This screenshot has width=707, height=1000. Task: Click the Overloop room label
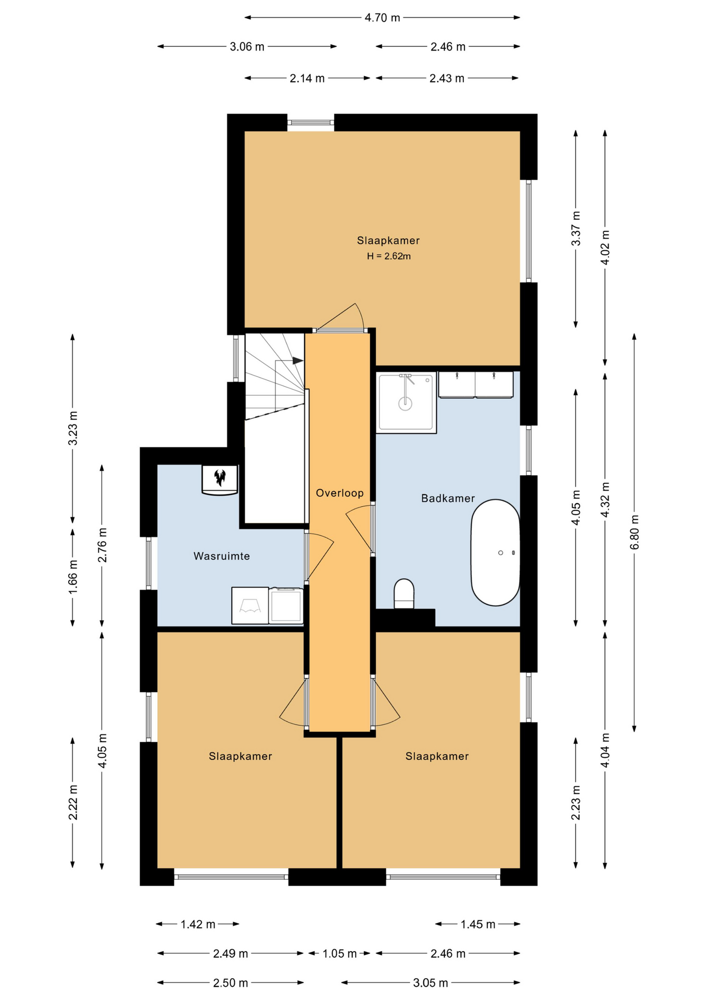[339, 493]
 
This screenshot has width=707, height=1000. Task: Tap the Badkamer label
[448, 498]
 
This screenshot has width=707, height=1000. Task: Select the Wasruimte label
[222, 556]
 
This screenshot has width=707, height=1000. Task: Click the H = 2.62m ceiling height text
[389, 256]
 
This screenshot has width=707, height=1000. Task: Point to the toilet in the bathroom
[404, 593]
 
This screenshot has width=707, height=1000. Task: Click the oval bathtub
[495, 553]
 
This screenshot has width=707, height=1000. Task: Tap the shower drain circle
[405, 403]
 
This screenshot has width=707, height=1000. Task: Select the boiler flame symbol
[220, 477]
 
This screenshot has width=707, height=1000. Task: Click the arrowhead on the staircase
[297, 360]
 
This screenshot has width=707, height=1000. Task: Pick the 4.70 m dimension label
[383, 18]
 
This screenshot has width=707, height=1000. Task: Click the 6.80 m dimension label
[634, 532]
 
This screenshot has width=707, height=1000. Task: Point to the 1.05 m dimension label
[339, 954]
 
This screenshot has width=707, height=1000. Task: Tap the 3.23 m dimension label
[73, 428]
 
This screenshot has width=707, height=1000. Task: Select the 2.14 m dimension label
[307, 79]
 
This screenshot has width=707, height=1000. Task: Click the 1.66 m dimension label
[73, 576]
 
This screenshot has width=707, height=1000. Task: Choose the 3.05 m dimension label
[431, 983]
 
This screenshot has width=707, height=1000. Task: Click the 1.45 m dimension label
[478, 924]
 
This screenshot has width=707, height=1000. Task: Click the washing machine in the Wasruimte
[286, 605]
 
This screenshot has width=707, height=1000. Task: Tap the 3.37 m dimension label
[576, 229]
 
